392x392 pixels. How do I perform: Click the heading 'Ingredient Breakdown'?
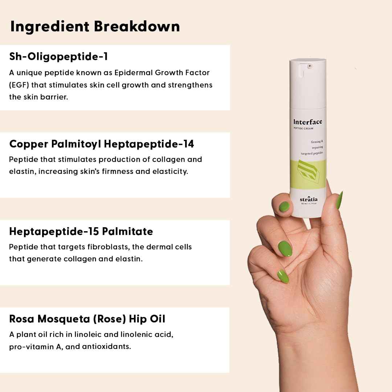pyautogui.click(x=95, y=26)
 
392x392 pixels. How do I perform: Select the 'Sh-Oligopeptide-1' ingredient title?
pyautogui.click(x=58, y=57)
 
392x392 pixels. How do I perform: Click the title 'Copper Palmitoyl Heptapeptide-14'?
pyautogui.click(x=102, y=144)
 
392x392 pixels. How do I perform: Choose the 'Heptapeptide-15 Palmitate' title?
pyautogui.click(x=81, y=232)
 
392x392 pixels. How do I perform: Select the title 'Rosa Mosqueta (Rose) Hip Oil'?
pyautogui.click(x=87, y=319)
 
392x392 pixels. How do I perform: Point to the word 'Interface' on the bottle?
pyautogui.click(x=307, y=122)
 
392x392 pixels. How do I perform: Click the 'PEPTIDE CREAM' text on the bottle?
pyautogui.click(x=303, y=128)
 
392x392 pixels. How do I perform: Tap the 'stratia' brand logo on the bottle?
pyautogui.click(x=309, y=199)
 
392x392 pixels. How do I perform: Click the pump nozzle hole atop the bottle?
pyautogui.click(x=310, y=66)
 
